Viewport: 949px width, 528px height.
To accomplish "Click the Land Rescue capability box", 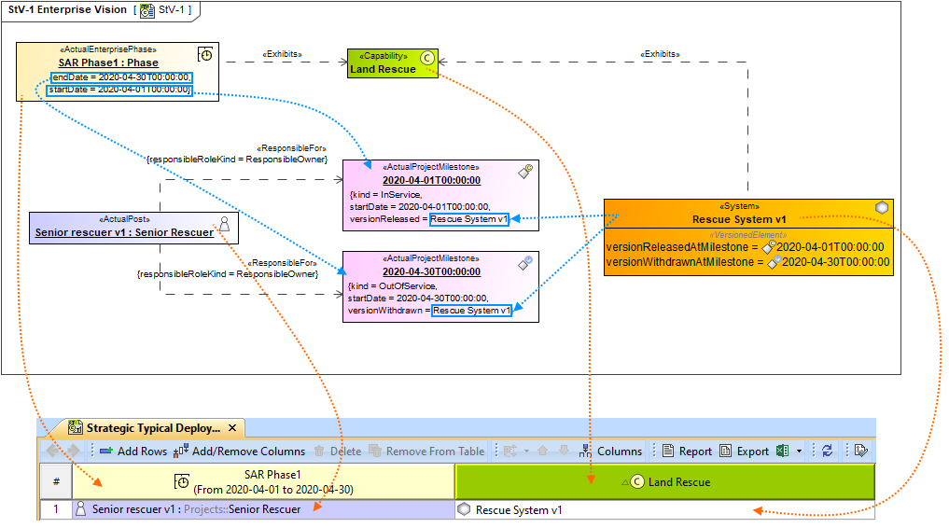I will pyautogui.click(x=392, y=63).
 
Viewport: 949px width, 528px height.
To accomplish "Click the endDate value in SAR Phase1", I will pyautogui.click(x=121, y=76).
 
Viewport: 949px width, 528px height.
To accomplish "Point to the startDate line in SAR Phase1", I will pyautogui.click(x=119, y=90).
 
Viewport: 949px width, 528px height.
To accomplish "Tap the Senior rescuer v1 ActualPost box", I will pyautogui.click(x=133, y=227).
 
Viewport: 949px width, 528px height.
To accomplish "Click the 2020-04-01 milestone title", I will pyautogui.click(x=430, y=180).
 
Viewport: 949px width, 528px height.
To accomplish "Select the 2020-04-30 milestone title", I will pyautogui.click(x=430, y=271).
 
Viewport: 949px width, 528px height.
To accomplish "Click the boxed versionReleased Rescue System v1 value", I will pyautogui.click(x=468, y=219).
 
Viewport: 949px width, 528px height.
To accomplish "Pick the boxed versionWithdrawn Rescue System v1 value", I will pyautogui.click(x=472, y=311).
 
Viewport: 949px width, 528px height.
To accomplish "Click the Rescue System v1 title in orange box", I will pyautogui.click(x=739, y=219).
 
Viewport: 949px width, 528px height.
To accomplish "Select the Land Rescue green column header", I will pyautogui.click(x=663, y=482).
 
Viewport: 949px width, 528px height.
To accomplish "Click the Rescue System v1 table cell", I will pyautogui.click(x=518, y=510).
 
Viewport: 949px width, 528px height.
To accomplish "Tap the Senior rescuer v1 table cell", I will pyautogui.click(x=196, y=510).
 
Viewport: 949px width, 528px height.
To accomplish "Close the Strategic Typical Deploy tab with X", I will pyautogui.click(x=232, y=428).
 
